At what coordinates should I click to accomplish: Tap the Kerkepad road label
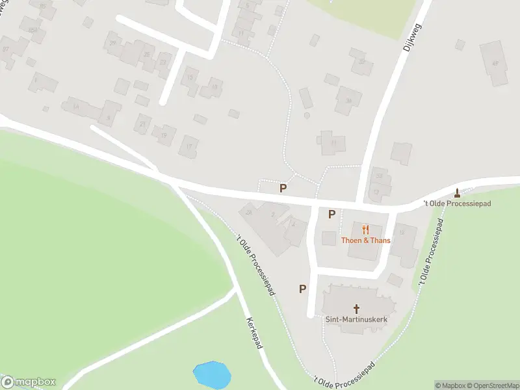pyautogui.click(x=254, y=333)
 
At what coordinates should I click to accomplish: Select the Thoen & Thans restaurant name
pyautogui.click(x=366, y=240)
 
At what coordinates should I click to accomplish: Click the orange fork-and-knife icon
pyautogui.click(x=365, y=229)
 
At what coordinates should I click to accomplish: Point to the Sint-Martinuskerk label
pyautogui.click(x=356, y=318)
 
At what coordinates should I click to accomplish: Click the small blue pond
pyautogui.click(x=212, y=374)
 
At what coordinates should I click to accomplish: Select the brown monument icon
pyautogui.click(x=458, y=192)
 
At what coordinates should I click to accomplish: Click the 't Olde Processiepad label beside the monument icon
pyautogui.click(x=457, y=203)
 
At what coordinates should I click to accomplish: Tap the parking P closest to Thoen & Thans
pyautogui.click(x=331, y=214)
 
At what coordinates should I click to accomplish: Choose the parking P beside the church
pyautogui.click(x=302, y=289)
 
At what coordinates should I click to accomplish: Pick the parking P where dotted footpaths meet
pyautogui.click(x=283, y=188)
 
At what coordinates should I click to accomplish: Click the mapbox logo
pyautogui.click(x=29, y=382)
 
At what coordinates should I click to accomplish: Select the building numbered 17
pyautogui.click(x=189, y=146)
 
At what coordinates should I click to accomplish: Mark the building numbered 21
pyautogui.click(x=142, y=122)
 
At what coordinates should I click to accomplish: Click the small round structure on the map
pyautogui.click(x=307, y=116)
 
